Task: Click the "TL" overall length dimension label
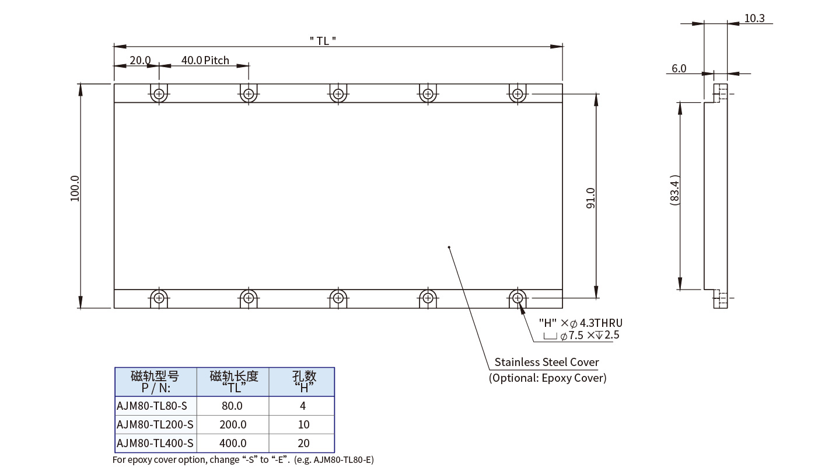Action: click(x=323, y=40)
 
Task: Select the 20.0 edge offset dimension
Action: click(x=140, y=61)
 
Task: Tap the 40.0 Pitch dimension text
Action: click(x=205, y=61)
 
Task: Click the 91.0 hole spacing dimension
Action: click(x=590, y=198)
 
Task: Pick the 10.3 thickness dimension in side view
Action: click(x=754, y=19)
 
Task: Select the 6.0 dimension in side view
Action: click(x=679, y=68)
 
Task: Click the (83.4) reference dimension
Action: click(x=674, y=189)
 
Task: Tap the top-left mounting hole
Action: click(x=159, y=93)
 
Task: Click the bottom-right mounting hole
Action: click(x=517, y=298)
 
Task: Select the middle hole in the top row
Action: click(x=338, y=93)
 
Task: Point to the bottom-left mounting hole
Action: click(x=159, y=298)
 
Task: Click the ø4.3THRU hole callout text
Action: click(x=581, y=323)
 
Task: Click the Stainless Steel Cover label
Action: click(x=547, y=362)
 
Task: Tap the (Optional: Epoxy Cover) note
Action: click(x=547, y=378)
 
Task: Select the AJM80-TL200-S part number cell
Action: click(x=155, y=424)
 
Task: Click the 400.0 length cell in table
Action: click(x=233, y=443)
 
